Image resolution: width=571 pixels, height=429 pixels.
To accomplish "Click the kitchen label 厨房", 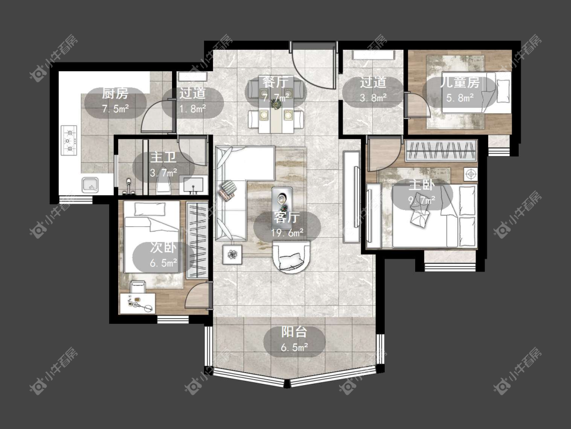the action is point(115,94).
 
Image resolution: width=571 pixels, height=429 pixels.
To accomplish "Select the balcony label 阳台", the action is point(294,332).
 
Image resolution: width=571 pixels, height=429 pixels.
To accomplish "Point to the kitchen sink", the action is point(89,185).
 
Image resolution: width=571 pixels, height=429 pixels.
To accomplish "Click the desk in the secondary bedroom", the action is point(138,303).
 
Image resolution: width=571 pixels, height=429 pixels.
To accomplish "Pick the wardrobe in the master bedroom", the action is point(441,150).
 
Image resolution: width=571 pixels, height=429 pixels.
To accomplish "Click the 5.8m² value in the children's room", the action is point(460,98).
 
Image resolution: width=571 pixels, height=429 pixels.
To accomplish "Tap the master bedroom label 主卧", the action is point(421,185).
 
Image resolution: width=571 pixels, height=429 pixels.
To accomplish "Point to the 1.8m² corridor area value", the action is point(192,109).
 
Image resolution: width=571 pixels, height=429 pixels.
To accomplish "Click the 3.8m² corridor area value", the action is point(373,98).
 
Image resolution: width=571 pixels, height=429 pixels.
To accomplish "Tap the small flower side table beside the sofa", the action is point(232,254).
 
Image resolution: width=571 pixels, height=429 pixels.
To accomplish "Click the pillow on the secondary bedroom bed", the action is point(147,209).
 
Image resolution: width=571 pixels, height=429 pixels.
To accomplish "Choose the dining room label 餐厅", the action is point(275,82).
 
